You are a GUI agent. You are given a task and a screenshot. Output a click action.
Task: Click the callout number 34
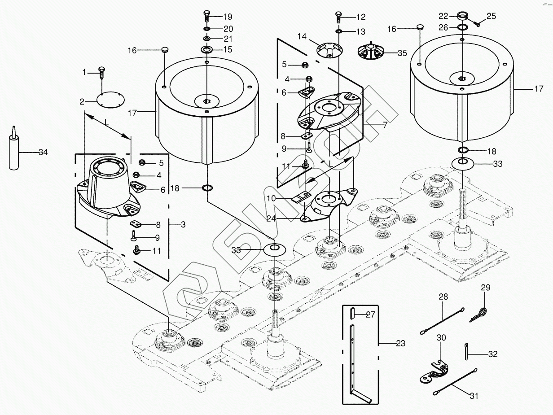coord(43,153)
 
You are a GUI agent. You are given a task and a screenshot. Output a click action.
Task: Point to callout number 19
coord(227,17)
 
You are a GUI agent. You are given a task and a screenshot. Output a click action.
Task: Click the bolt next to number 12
coord(338,18)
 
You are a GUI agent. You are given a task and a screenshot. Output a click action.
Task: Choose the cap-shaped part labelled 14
coord(329,49)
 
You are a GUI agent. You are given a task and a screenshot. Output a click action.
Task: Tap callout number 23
coord(401,344)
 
